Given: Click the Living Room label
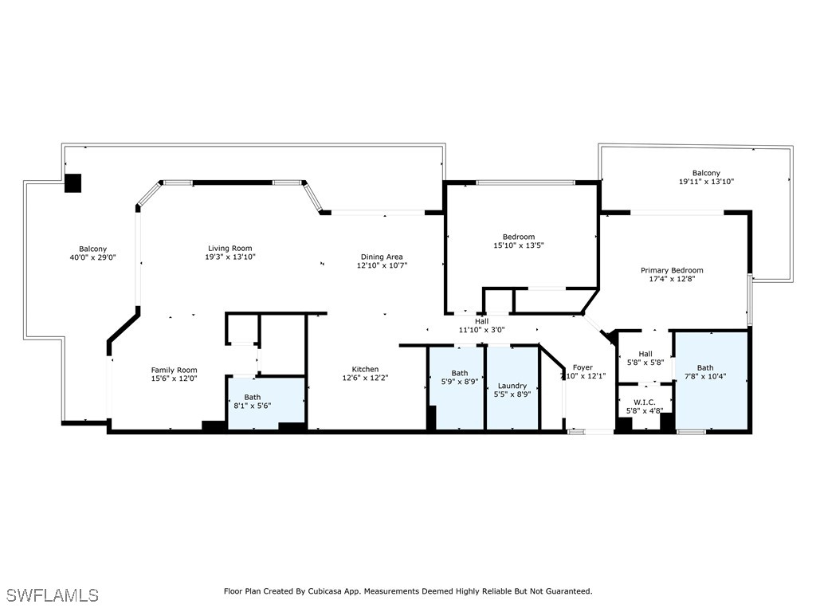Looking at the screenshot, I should [229, 248].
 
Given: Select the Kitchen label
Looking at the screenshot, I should [365, 369].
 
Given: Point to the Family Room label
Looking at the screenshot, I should [174, 370].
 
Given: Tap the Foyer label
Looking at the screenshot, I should [583, 367].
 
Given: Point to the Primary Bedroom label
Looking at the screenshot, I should [672, 270].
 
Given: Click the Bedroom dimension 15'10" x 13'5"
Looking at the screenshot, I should [518, 245].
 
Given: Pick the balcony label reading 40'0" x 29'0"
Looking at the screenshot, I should [92, 257].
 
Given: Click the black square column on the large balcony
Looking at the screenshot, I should [73, 182].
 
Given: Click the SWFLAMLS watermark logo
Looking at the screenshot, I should [53, 595].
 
